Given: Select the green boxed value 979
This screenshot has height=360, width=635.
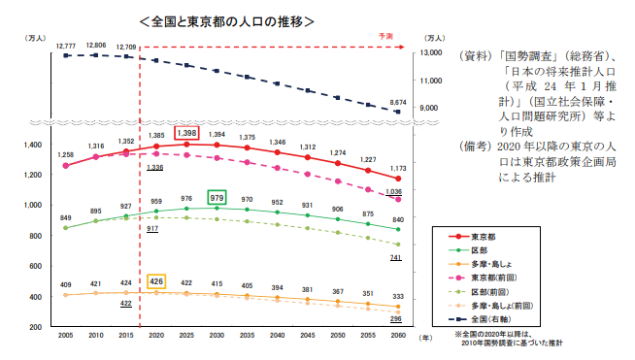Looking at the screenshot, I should pyautogui.click(x=217, y=197).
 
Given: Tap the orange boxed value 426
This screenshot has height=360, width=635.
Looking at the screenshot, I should pyautogui.click(x=155, y=281).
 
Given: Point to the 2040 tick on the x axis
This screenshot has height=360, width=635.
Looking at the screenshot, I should pyautogui.click(x=277, y=336).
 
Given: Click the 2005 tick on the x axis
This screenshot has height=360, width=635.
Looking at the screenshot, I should pyautogui.click(x=66, y=336).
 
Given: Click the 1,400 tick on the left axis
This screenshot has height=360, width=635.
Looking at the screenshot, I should pyautogui.click(x=33, y=145).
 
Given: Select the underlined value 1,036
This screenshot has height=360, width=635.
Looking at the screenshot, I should pyautogui.click(x=393, y=192).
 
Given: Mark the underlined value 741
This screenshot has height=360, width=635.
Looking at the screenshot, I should pyautogui.click(x=395, y=258).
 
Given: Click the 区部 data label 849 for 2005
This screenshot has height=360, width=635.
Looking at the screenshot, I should pyautogui.click(x=65, y=218).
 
